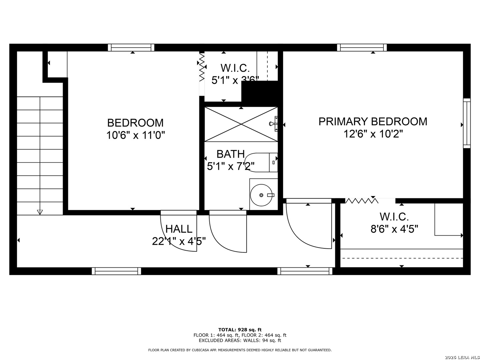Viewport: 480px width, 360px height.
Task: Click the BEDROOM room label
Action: (135, 123)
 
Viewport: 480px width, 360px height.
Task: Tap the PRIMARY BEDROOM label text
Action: (373, 122)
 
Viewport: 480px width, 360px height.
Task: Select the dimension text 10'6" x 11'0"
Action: (135, 135)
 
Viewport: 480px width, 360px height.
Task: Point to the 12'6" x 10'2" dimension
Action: (373, 134)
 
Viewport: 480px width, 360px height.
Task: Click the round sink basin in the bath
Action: (261, 195)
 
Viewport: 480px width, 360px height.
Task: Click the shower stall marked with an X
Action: (241, 124)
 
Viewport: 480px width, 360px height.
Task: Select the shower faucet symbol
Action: (274, 124)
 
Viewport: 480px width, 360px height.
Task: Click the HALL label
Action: (179, 229)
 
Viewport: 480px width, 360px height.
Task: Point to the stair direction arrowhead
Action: (40, 212)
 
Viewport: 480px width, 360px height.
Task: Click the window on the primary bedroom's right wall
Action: (467, 123)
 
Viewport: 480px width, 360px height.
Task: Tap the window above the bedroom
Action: (131, 47)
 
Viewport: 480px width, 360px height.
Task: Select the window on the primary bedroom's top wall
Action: (362, 47)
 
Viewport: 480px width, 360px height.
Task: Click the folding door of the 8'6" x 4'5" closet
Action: (362, 200)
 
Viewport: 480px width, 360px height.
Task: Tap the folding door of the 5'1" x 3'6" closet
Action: (202, 67)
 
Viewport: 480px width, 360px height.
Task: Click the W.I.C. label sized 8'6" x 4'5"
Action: (394, 217)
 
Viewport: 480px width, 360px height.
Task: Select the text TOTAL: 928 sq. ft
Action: (240, 330)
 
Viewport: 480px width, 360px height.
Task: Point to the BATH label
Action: (230, 154)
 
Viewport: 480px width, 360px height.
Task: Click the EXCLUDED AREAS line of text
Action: (240, 340)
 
